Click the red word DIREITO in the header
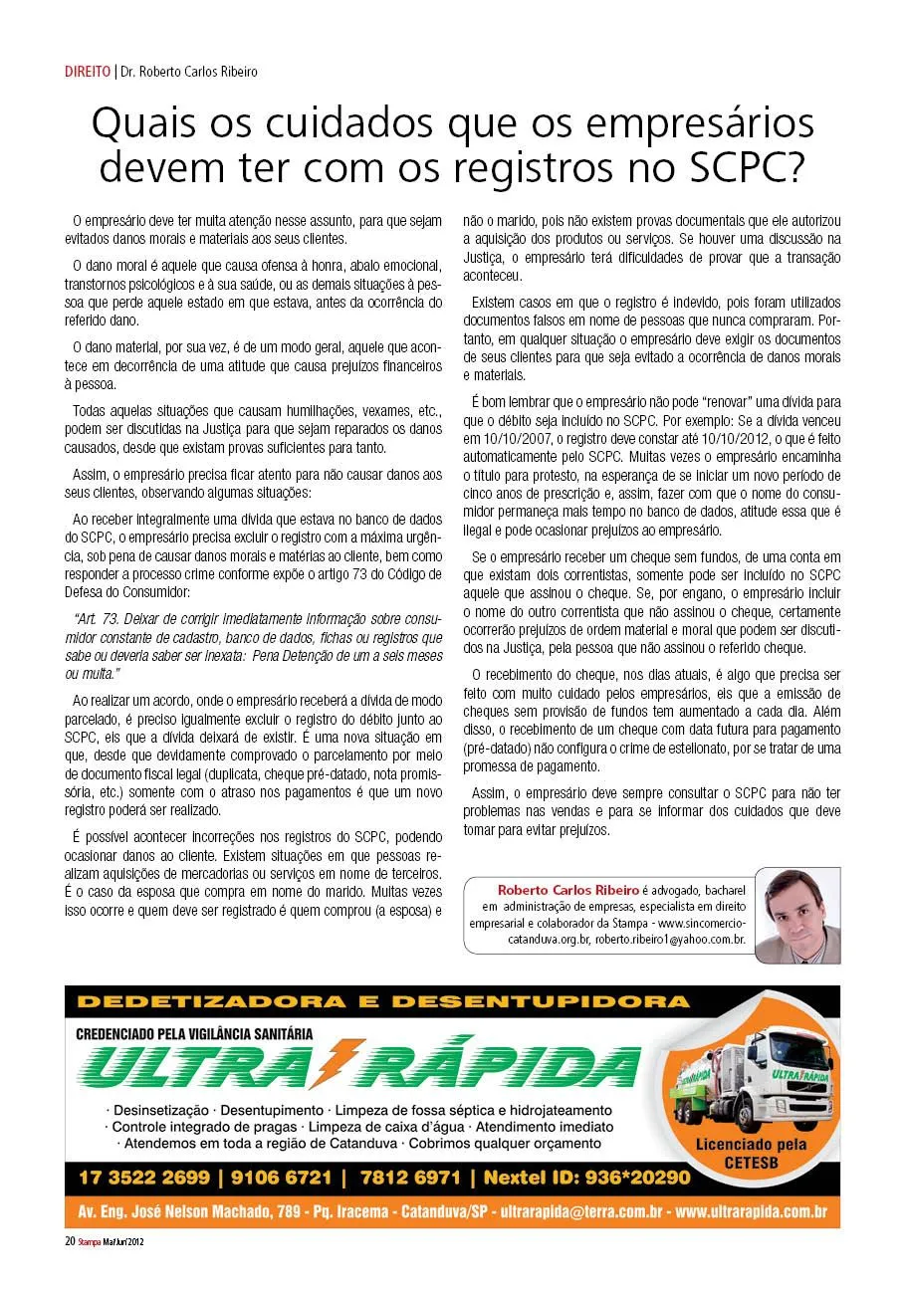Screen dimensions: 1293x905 87,72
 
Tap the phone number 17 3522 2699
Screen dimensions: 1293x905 144,1178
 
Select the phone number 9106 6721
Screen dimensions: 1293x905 280,1178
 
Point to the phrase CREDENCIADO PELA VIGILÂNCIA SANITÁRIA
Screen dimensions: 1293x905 194,1033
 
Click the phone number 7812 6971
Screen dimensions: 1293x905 412,1178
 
